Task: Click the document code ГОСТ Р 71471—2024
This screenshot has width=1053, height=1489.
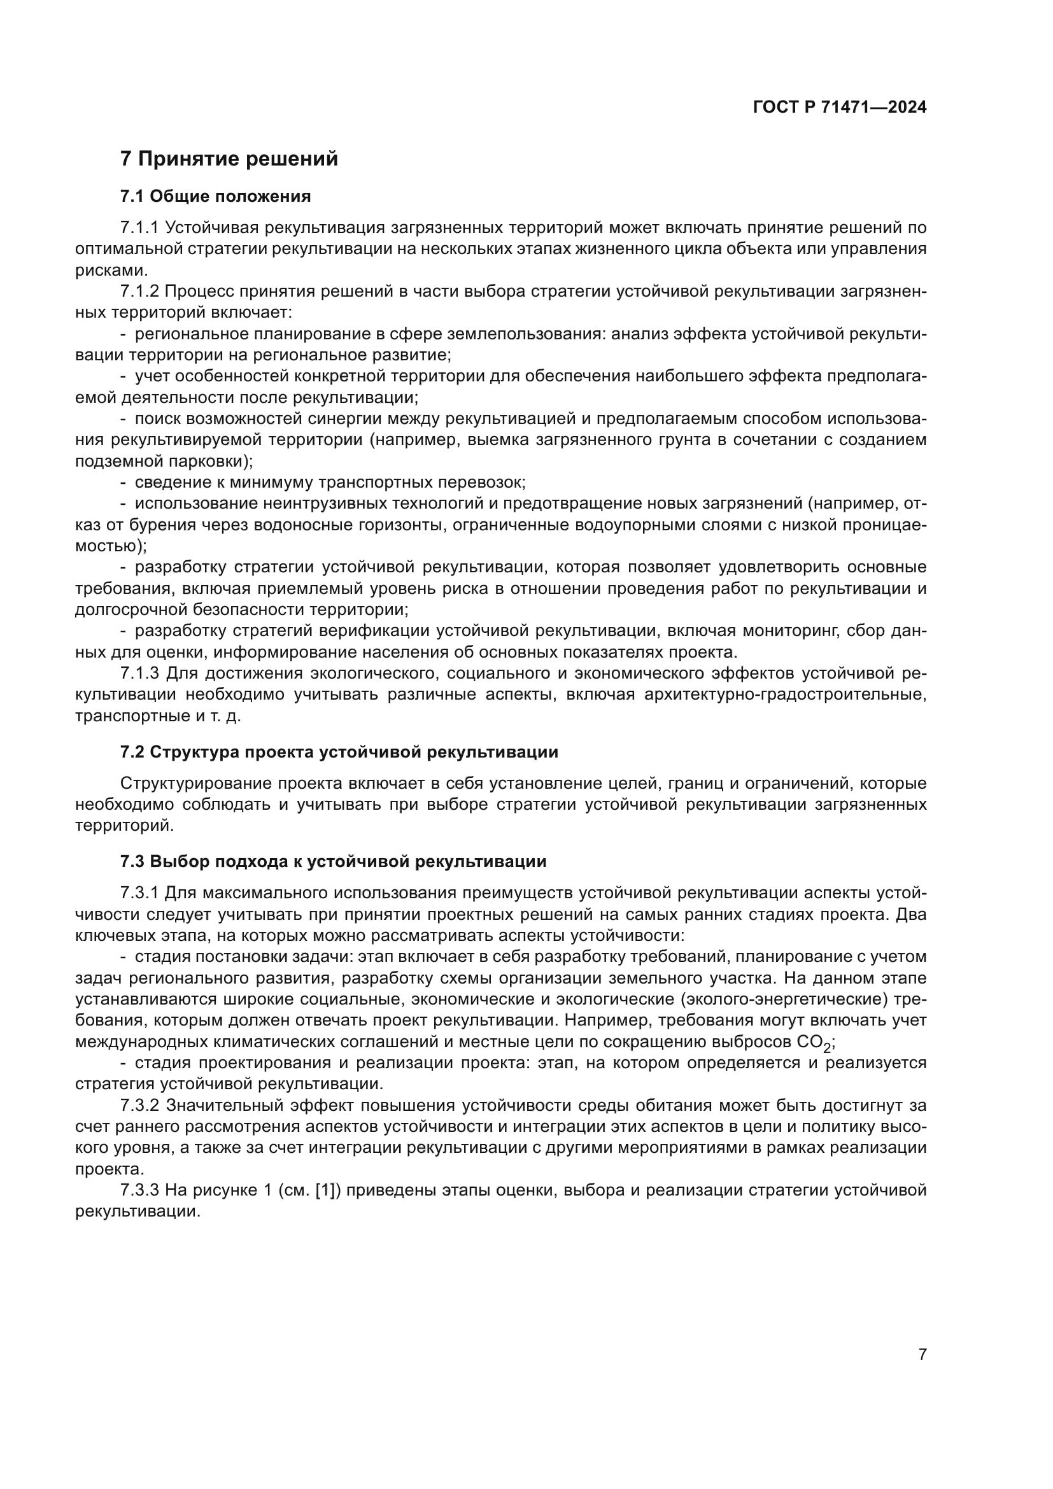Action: pos(840,108)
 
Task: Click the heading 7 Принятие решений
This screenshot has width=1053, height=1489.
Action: pos(229,159)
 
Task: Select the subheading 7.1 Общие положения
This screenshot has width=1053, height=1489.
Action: pos(215,196)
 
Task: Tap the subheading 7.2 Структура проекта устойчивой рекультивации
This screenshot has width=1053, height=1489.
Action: pos(339,752)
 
